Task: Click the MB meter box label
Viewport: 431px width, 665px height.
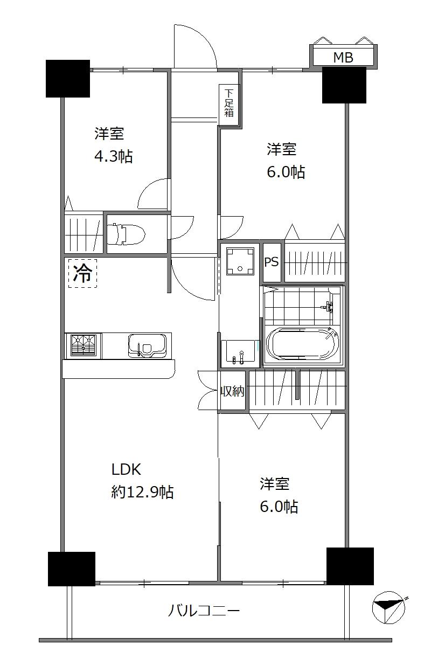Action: coord(343,58)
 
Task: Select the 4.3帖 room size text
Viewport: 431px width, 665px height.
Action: coord(113,157)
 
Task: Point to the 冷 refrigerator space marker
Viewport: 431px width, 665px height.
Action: coord(82,273)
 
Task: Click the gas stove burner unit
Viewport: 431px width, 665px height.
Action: coord(83,345)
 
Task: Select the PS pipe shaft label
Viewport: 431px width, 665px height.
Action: coord(272,262)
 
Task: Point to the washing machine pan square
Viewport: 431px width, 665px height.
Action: coord(239,260)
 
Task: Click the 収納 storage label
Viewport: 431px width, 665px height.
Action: coord(232,392)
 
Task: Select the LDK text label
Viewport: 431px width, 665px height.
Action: coord(126,469)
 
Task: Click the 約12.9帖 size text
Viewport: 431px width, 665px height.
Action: coord(142,492)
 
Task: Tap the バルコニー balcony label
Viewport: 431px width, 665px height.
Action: coord(204,611)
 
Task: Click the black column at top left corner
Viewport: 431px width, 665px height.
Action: coord(67,78)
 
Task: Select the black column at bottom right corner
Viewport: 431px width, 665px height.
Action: coord(350,566)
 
